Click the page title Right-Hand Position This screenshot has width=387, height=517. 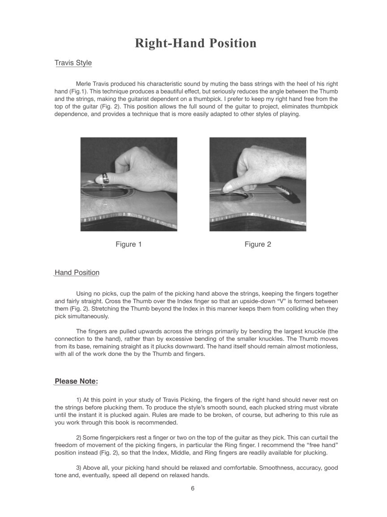pos(196,44)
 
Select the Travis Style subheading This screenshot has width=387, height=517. pos(73,63)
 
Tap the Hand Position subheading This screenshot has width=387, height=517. pos(77,273)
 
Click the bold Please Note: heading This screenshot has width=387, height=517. pos(76,381)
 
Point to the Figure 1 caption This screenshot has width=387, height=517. pos(129,245)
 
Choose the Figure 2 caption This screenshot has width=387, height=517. pos(258,245)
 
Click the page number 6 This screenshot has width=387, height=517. pos(193,489)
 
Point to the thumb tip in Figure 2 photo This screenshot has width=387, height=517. pos(227,188)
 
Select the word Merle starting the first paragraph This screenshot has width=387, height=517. pos(84,84)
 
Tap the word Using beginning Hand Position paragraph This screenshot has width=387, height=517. pos(85,294)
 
